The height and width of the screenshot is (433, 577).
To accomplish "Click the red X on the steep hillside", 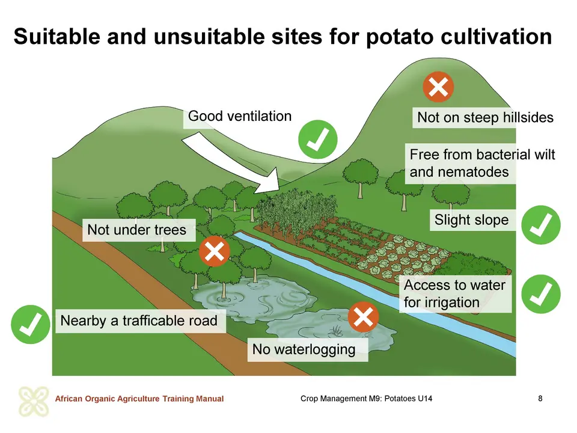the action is (x=438, y=87).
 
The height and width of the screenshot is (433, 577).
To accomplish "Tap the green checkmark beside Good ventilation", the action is (x=317, y=140).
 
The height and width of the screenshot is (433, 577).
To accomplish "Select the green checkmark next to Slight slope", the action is (x=540, y=225).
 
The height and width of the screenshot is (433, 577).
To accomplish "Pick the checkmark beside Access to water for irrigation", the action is (x=540, y=294).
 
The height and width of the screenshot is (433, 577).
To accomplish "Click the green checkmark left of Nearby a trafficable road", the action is (x=31, y=324).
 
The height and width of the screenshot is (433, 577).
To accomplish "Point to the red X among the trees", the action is (x=214, y=251).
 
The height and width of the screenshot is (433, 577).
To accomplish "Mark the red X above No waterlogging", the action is (x=363, y=317).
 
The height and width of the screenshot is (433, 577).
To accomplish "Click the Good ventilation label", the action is (x=240, y=116).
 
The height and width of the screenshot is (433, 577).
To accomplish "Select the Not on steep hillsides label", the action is (x=485, y=117).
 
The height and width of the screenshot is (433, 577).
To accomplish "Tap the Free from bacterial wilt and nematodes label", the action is (x=482, y=163).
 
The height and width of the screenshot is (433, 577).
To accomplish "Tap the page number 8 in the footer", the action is (x=540, y=398).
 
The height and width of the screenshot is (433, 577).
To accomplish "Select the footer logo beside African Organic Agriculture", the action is (x=34, y=401).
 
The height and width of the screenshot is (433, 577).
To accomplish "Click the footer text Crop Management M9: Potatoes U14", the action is (x=366, y=398).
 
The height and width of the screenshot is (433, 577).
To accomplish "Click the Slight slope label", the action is (x=472, y=220).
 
